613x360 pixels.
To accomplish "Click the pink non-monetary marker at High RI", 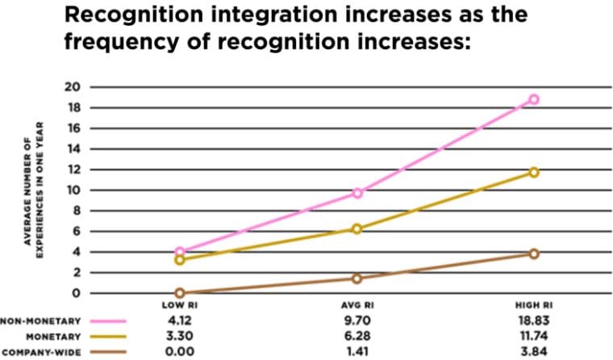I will [x=533, y=99].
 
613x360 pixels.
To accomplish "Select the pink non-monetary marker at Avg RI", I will [x=357, y=193].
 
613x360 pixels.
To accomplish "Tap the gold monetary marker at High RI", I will [x=533, y=172].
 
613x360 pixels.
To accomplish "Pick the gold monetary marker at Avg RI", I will [x=357, y=228].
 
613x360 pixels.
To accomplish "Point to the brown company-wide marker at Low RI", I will [x=180, y=293].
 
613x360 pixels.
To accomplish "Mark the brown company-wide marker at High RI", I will [x=533, y=253].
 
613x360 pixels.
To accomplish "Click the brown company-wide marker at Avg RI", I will [x=357, y=278].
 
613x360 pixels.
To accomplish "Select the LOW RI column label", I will [x=180, y=305].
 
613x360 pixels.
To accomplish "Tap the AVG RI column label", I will [x=357, y=305].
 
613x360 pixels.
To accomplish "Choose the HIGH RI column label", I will [x=533, y=305].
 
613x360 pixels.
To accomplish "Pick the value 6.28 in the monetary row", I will [x=357, y=336].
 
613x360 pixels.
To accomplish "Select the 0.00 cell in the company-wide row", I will [x=180, y=352].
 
